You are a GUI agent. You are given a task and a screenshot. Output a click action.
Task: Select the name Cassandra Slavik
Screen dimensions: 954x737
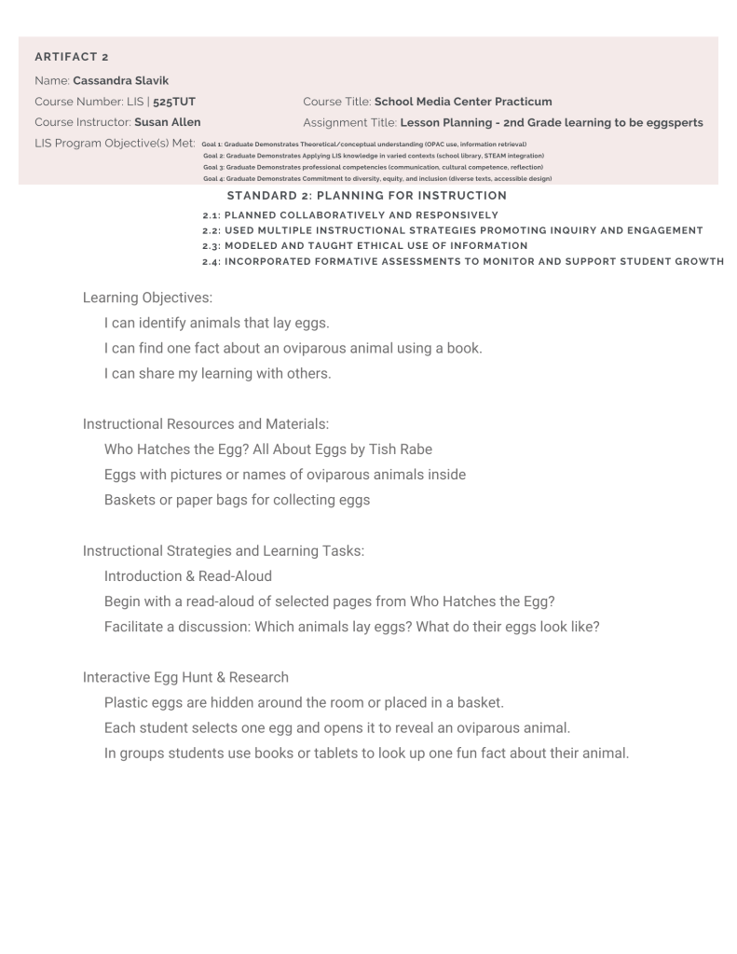click(x=121, y=79)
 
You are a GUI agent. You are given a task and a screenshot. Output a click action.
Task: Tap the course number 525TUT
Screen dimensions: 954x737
click(x=178, y=101)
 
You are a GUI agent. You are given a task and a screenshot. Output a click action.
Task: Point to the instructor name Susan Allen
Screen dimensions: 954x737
click(x=167, y=122)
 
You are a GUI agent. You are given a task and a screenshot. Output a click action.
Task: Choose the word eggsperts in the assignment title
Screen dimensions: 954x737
click(x=667, y=122)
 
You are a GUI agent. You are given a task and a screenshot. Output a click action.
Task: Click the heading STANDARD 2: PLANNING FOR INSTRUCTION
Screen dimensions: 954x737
click(x=366, y=196)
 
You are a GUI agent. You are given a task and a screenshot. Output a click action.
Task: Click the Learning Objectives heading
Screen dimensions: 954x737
click(x=147, y=297)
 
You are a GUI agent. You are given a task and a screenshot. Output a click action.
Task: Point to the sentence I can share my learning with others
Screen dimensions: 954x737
click(x=217, y=374)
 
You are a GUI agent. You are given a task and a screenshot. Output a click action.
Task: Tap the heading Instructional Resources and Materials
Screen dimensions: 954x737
click(x=205, y=423)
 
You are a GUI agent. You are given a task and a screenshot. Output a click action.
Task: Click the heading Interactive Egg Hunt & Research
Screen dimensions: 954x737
click(x=185, y=676)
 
